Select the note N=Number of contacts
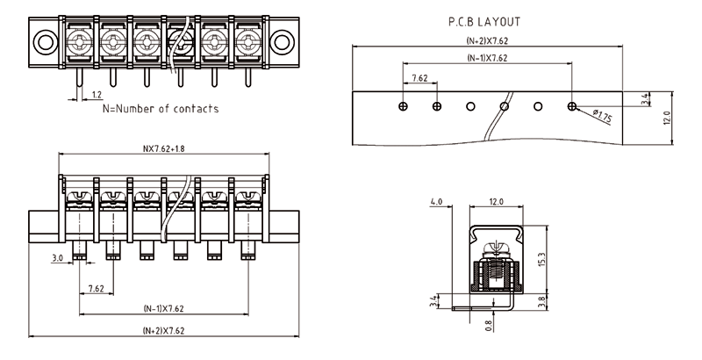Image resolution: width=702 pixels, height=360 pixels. (x=161, y=109)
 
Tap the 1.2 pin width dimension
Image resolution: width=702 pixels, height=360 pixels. (x=97, y=93)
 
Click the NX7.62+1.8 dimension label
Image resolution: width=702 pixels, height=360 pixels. (x=164, y=148)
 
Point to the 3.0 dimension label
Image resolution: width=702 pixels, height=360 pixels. (x=57, y=258)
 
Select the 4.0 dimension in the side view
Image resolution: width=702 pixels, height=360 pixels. (x=436, y=202)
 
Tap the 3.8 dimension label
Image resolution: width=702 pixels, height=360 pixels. (x=541, y=300)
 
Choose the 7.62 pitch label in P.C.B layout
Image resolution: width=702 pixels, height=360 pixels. (x=419, y=78)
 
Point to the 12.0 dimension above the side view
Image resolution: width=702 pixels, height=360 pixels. (x=496, y=202)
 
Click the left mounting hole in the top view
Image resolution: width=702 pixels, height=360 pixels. (x=45, y=40)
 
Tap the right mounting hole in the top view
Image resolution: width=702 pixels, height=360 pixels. (x=280, y=40)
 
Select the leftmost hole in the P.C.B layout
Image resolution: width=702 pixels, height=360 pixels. (x=403, y=106)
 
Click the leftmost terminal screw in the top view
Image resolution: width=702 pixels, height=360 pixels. (x=79, y=41)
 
